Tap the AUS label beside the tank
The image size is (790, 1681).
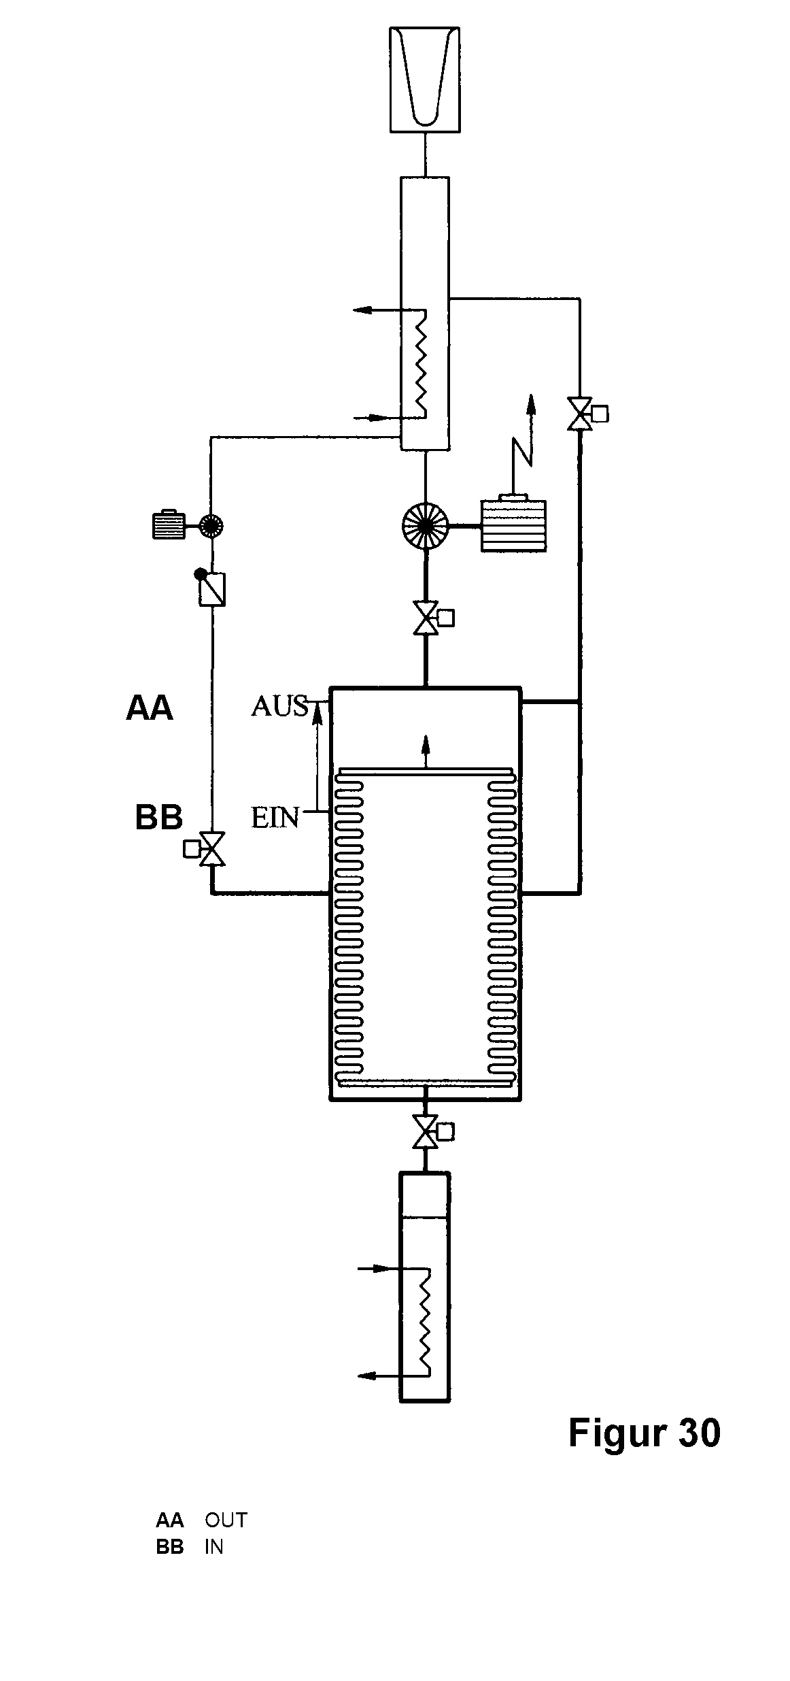pos(279,706)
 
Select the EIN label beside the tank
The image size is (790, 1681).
pos(275,818)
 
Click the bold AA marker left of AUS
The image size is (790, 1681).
pos(150,708)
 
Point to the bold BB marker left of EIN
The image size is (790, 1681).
pos(159,818)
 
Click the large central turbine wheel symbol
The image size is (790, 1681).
pos(426,526)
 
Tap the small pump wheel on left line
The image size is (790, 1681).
pos(211,525)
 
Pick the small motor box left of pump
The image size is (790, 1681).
pos(169,525)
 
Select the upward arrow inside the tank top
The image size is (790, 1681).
pos(426,752)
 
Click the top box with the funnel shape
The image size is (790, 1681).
pos(425,79)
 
